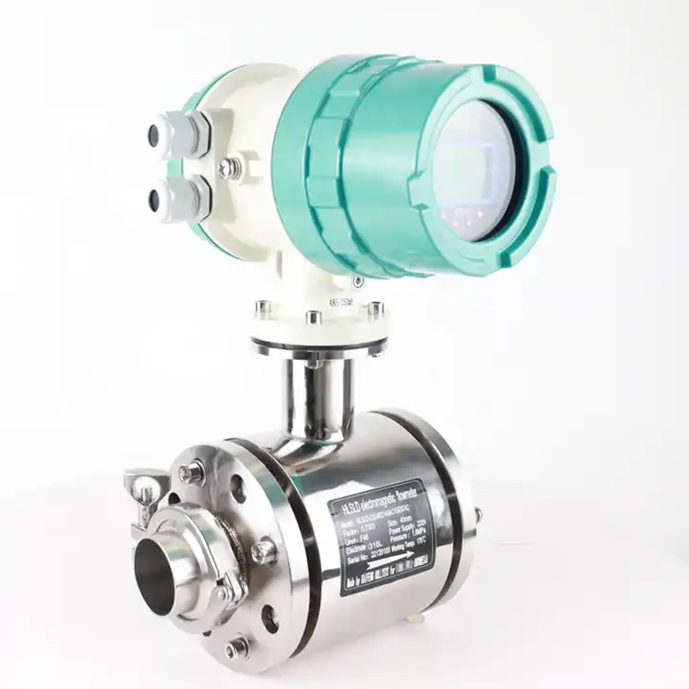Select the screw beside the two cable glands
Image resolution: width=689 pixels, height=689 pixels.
228,168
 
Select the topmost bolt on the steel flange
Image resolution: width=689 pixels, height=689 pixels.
190,472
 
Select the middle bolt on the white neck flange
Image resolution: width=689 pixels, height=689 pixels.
313,318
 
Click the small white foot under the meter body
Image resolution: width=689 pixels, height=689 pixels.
417,618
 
